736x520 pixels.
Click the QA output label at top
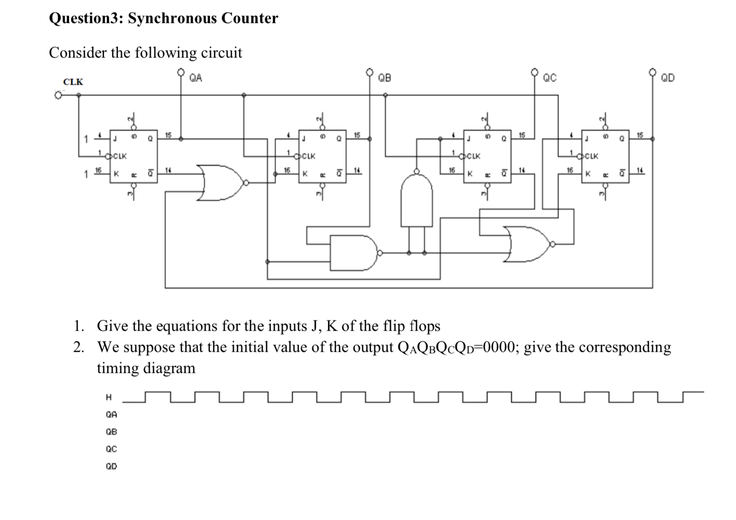point(196,78)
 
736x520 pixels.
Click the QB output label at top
point(385,78)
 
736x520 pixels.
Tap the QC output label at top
point(550,78)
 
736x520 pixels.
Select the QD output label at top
point(667,78)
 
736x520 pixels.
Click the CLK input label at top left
point(73,82)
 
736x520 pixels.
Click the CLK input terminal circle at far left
point(57,95)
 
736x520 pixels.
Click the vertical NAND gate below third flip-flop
point(416,201)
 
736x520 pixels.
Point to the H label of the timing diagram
point(108,397)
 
